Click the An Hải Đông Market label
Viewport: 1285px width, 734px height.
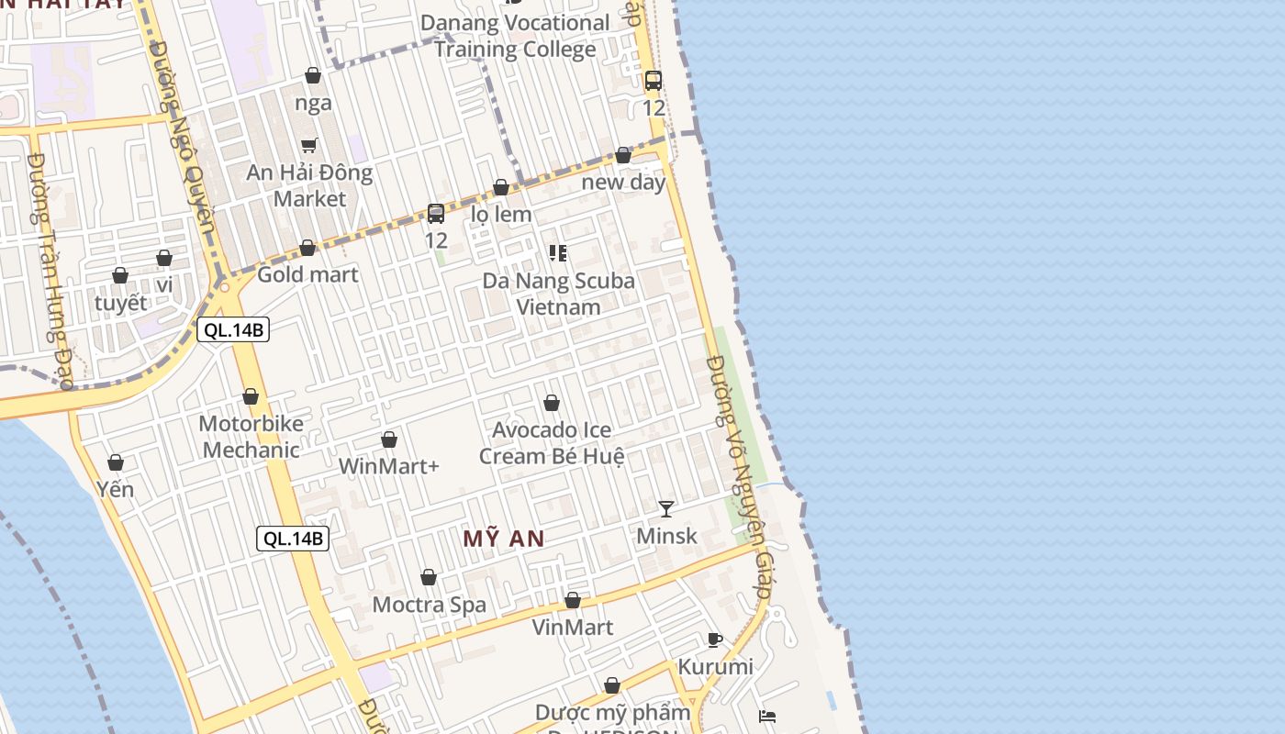pos(309,185)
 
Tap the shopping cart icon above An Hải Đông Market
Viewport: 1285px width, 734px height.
pos(309,145)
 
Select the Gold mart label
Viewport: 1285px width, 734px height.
pos(307,273)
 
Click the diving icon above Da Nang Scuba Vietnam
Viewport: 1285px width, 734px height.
pos(558,252)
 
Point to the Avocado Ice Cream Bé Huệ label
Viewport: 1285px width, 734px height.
pos(552,442)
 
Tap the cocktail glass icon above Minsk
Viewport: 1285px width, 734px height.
pos(666,508)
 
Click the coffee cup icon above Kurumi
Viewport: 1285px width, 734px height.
pos(715,639)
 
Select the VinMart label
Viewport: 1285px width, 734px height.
pos(573,628)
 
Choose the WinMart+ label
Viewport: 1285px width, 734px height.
pos(389,466)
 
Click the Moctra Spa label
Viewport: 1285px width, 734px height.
pos(429,605)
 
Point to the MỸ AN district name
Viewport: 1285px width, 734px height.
pos(504,539)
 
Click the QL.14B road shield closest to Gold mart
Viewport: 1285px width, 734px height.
pos(233,330)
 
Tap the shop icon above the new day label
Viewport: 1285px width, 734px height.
pos(623,155)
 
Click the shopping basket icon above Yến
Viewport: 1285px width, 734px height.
pos(116,462)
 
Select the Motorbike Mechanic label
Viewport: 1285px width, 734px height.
pos(251,437)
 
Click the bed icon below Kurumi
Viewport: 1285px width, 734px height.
pos(767,716)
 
